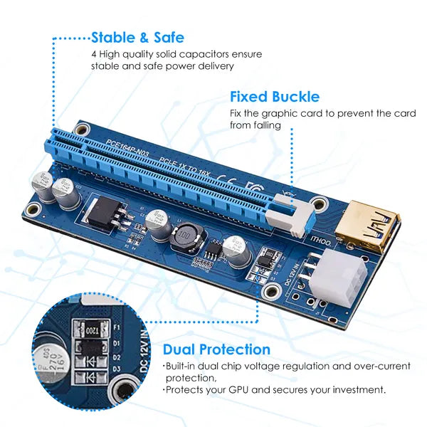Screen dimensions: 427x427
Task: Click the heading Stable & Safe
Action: tap(137, 37)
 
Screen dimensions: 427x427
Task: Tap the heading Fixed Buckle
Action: tap(274, 97)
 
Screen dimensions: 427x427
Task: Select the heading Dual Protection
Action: tap(216, 349)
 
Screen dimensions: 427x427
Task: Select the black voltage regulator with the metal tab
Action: tap(105, 210)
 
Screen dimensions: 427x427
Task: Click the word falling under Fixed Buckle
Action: tap(263, 125)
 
